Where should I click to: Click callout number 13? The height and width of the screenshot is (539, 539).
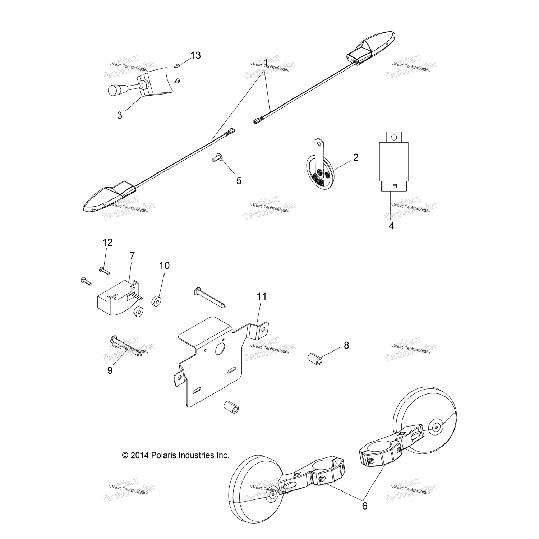click(x=195, y=55)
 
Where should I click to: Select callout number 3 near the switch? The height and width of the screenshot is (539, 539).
click(x=119, y=115)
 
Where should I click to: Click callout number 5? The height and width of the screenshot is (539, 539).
click(x=239, y=181)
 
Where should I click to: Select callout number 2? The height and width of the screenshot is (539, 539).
click(x=355, y=157)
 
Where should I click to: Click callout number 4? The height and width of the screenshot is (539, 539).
click(x=391, y=226)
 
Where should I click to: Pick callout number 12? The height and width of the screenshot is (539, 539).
click(x=107, y=243)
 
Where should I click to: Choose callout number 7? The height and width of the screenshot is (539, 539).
click(x=132, y=256)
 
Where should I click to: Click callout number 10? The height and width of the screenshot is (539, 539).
click(x=164, y=266)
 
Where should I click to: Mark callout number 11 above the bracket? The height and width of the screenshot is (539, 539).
click(x=262, y=296)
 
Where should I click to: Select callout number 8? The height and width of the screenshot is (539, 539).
click(x=346, y=345)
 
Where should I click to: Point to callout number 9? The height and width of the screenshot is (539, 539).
click(x=110, y=370)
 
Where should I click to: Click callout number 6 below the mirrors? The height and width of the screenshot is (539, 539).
click(x=365, y=506)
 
